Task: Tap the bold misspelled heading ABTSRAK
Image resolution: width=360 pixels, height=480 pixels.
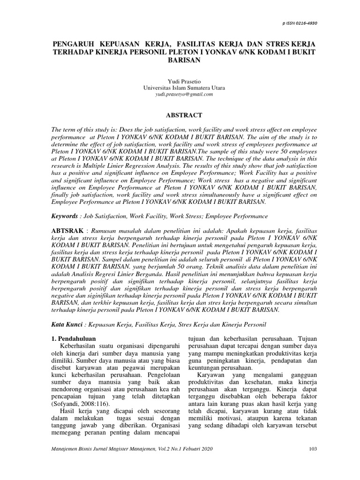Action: coord(67,232)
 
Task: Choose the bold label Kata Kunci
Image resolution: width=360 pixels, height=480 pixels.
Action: coord(67,324)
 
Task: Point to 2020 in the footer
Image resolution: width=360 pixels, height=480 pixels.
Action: coord(207,462)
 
